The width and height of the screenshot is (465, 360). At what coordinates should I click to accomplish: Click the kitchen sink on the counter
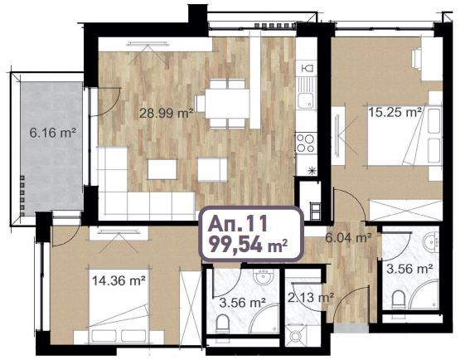click(306, 98)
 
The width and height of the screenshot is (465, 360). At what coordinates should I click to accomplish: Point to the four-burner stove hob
click(304, 143)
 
